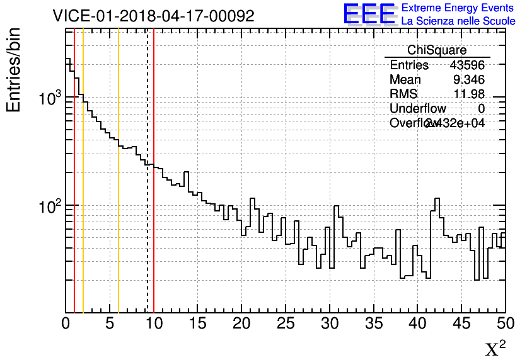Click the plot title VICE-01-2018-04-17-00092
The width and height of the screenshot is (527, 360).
click(x=154, y=16)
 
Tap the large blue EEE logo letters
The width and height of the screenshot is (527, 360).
click(x=369, y=14)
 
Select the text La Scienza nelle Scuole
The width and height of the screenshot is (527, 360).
click(x=458, y=21)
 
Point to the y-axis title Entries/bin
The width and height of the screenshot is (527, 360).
click(x=14, y=70)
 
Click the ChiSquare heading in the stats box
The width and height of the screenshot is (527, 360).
click(x=437, y=50)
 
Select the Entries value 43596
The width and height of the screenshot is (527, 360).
click(x=467, y=65)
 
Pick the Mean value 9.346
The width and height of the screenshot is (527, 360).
click(x=469, y=80)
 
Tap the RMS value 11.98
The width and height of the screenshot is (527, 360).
click(x=469, y=94)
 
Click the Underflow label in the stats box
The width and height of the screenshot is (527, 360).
click(x=418, y=109)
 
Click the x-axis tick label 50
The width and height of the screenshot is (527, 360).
click(x=505, y=323)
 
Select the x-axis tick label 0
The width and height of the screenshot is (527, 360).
click(x=66, y=323)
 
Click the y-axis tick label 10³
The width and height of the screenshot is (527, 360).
click(x=50, y=99)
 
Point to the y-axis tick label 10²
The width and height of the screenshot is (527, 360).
click(x=50, y=206)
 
